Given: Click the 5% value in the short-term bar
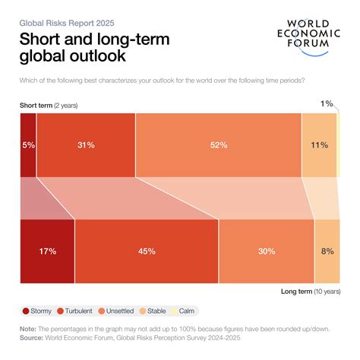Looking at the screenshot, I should point(27,145).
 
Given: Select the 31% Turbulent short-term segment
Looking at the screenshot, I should point(85,145).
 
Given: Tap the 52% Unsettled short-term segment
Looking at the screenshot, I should point(218,145).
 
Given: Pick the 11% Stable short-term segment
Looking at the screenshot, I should point(319,145).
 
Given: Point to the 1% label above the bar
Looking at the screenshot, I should point(327,103).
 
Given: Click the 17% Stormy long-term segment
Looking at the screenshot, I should point(47,251).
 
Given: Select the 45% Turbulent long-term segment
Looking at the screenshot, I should point(147,251).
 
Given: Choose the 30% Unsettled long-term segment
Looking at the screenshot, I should point(266,251).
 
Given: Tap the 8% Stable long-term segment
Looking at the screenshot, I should point(327,251).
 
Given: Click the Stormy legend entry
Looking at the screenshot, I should point(41,311).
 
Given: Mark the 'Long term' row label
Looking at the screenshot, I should point(300,291).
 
